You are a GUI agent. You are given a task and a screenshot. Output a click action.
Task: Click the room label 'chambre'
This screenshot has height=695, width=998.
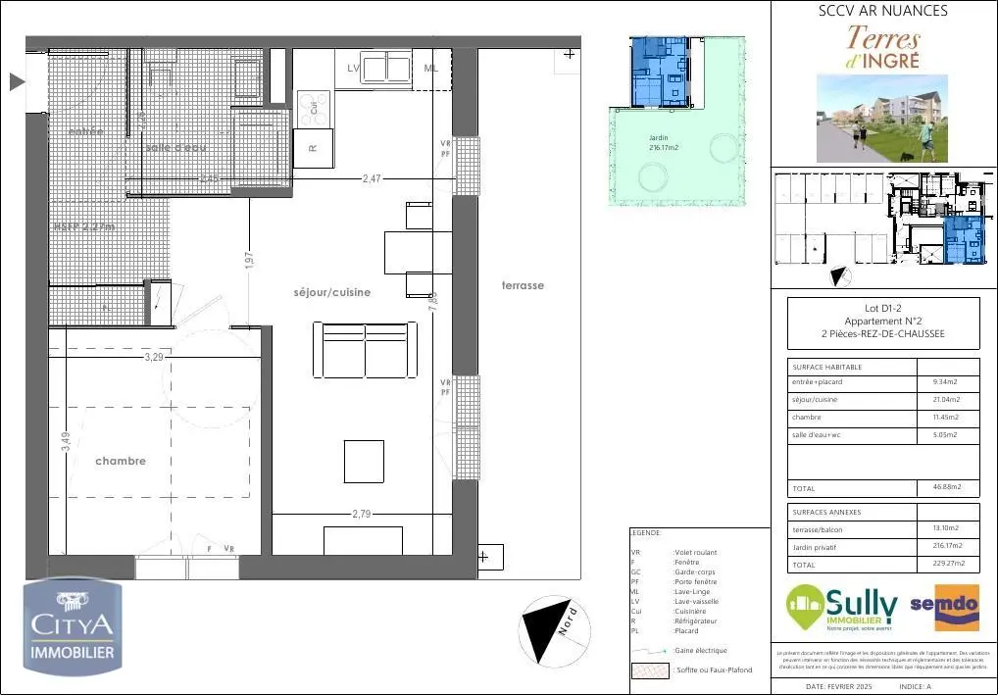click(x=121, y=461)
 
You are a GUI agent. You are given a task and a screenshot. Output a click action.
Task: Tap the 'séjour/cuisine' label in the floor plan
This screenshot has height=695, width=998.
click(x=332, y=292)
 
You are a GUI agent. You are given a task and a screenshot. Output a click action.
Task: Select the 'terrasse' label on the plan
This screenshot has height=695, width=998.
click(x=522, y=285)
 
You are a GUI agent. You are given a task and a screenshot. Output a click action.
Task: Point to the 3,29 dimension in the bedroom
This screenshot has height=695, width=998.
click(x=154, y=358)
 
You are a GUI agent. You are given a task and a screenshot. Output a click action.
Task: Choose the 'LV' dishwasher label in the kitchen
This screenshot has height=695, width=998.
click(x=354, y=68)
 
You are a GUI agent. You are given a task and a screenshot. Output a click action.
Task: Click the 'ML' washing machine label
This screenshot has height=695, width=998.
click(x=431, y=68)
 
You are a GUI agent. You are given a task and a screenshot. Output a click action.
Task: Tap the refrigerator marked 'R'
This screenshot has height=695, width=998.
click(x=313, y=149)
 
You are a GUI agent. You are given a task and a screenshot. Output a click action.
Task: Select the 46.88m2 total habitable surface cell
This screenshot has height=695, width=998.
click(x=946, y=487)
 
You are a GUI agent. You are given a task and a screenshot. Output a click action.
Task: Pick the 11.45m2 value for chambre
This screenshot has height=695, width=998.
click(x=946, y=417)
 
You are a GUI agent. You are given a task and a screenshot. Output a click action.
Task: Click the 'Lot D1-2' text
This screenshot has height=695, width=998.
click(x=883, y=309)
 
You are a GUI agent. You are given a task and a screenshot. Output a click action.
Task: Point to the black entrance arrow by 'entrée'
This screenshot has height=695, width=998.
click(x=17, y=82)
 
